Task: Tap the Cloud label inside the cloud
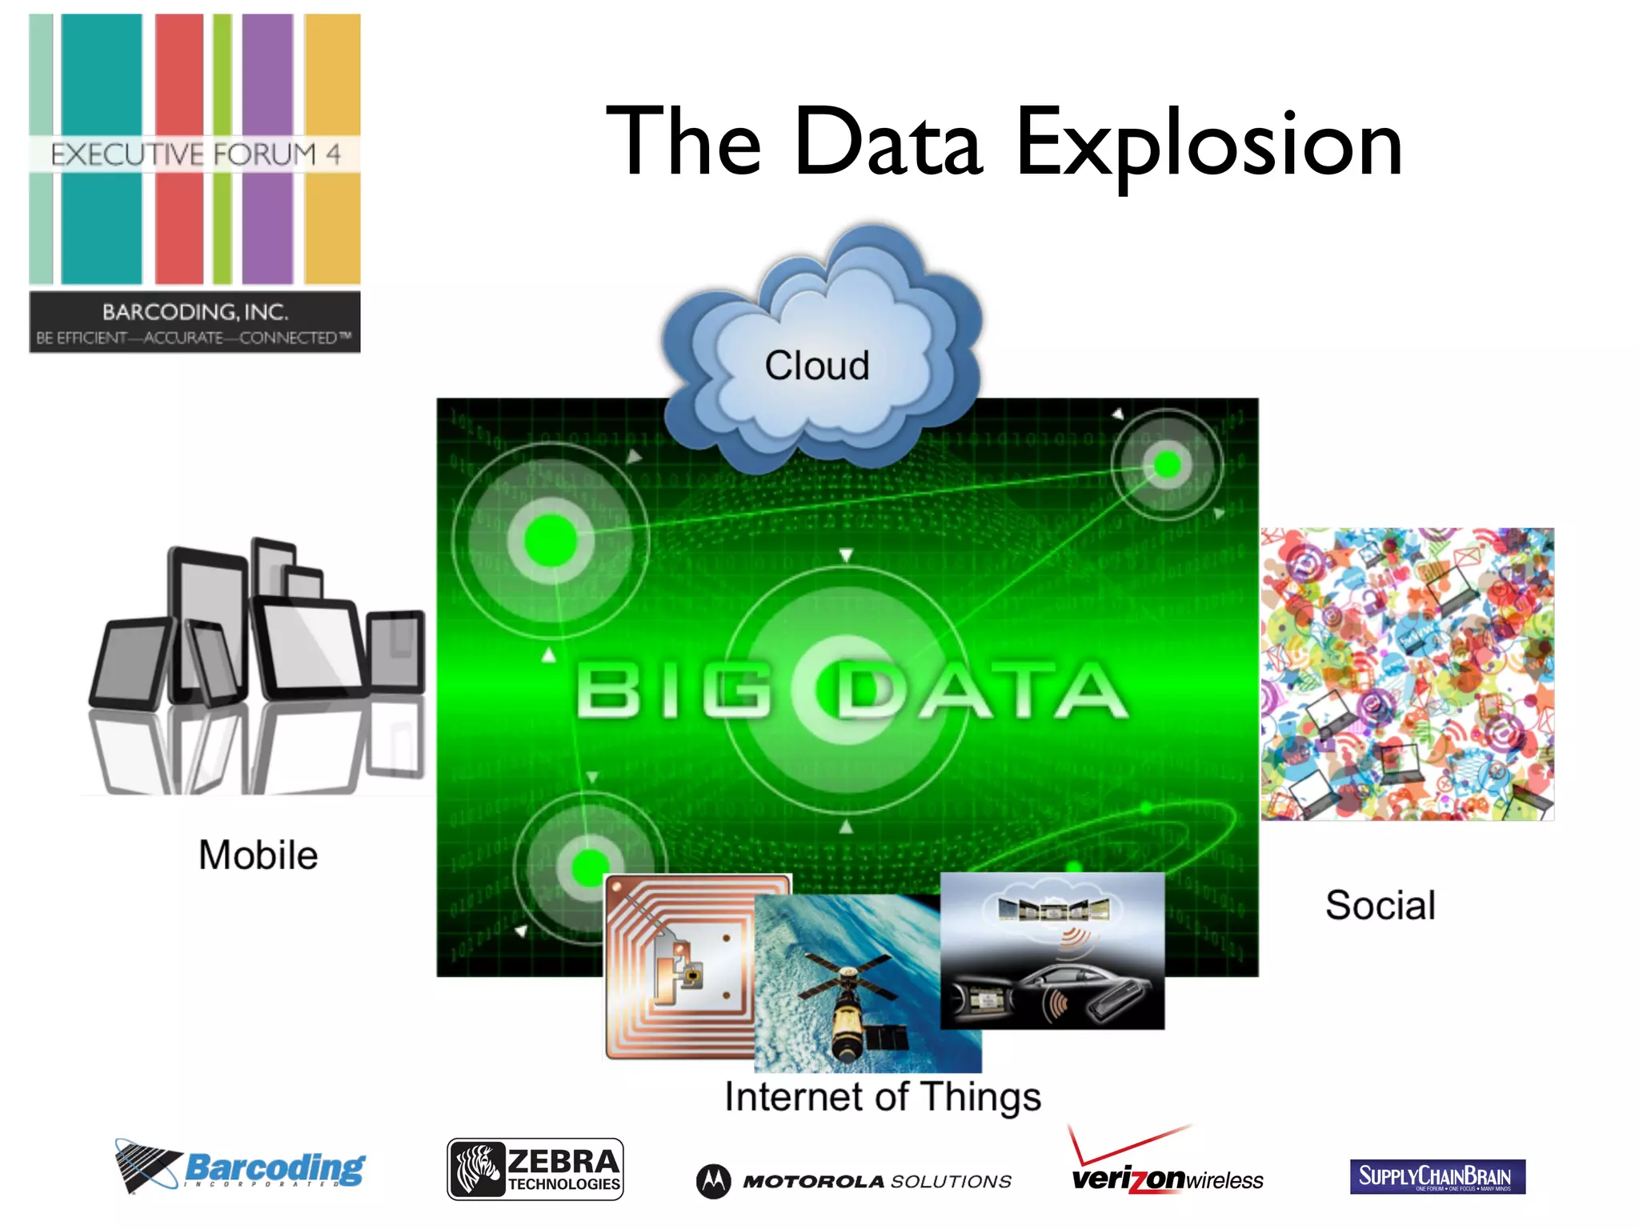click(x=816, y=366)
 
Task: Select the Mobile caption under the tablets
click(x=258, y=855)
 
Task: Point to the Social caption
click(x=1381, y=905)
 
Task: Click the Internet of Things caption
click(x=882, y=1096)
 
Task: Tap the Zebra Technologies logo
click(x=535, y=1169)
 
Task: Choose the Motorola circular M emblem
click(x=713, y=1181)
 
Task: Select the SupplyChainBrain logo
click(x=1437, y=1176)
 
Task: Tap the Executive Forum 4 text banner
click(x=195, y=154)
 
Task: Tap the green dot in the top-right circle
click(x=1167, y=464)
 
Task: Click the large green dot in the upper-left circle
click(x=551, y=541)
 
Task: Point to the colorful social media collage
click(x=1407, y=674)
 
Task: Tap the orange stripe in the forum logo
click(x=332, y=80)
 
